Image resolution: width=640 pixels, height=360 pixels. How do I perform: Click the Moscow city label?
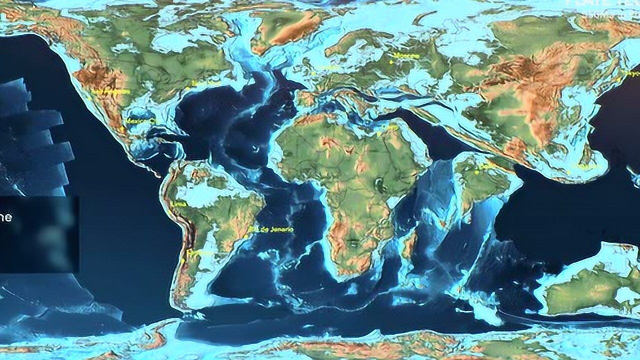pos(406,55)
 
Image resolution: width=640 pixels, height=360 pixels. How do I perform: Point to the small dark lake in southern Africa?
pos(353,243)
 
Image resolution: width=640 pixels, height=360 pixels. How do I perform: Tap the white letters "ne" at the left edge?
pos(5,217)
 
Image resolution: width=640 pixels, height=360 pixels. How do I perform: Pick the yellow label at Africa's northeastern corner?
pos(392,127)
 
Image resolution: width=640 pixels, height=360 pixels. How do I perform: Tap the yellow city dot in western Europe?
pos(314,73)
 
